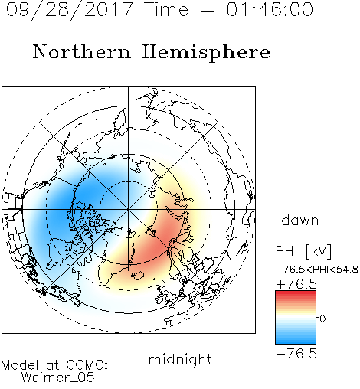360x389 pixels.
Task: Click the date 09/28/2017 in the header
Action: coord(70,10)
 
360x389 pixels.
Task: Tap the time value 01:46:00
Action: coord(270,9)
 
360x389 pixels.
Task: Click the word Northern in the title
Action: coord(82,51)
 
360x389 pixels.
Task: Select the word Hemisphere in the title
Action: coord(206,53)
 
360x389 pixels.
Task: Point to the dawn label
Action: coord(300,221)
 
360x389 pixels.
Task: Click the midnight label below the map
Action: coord(180,360)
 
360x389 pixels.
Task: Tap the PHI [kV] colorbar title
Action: coord(303,251)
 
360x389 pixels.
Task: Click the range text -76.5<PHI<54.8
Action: coord(316,270)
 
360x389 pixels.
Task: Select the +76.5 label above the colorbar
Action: coord(296,284)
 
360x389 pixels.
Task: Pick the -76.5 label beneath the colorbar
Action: coord(296,354)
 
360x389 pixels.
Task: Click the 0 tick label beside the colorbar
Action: coord(322,319)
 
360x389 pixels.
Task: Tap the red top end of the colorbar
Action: coord(296,293)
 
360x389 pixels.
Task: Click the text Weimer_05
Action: coord(58,377)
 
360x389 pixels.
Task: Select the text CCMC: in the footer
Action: coord(87,365)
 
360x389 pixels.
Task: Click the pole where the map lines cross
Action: coord(129,209)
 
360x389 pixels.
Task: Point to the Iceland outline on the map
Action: coord(138,276)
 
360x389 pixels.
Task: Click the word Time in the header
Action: coord(166,9)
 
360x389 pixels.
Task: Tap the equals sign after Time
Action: coord(207,10)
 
